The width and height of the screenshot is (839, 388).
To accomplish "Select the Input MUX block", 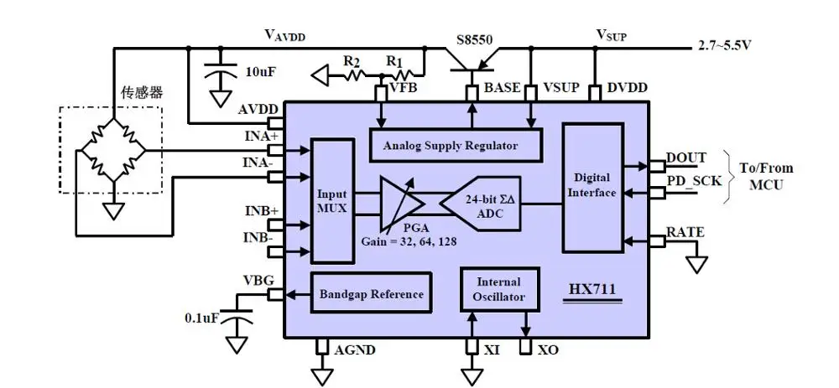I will coord(331,200).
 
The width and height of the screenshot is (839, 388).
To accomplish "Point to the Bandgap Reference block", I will coord(372,295).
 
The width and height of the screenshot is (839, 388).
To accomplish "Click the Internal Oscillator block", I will coord(498,289).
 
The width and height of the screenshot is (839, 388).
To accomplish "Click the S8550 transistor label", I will coord(476,39).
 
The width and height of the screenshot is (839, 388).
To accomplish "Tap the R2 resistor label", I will coord(352,62).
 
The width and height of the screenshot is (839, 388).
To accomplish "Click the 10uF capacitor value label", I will coord(258,73).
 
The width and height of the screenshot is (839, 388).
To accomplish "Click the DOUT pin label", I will coord(685,158).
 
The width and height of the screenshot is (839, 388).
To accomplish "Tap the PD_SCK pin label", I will coord(694,180).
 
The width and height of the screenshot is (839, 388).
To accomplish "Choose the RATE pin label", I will coord(685,231).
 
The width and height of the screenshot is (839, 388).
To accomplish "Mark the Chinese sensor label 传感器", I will coord(141,93).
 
